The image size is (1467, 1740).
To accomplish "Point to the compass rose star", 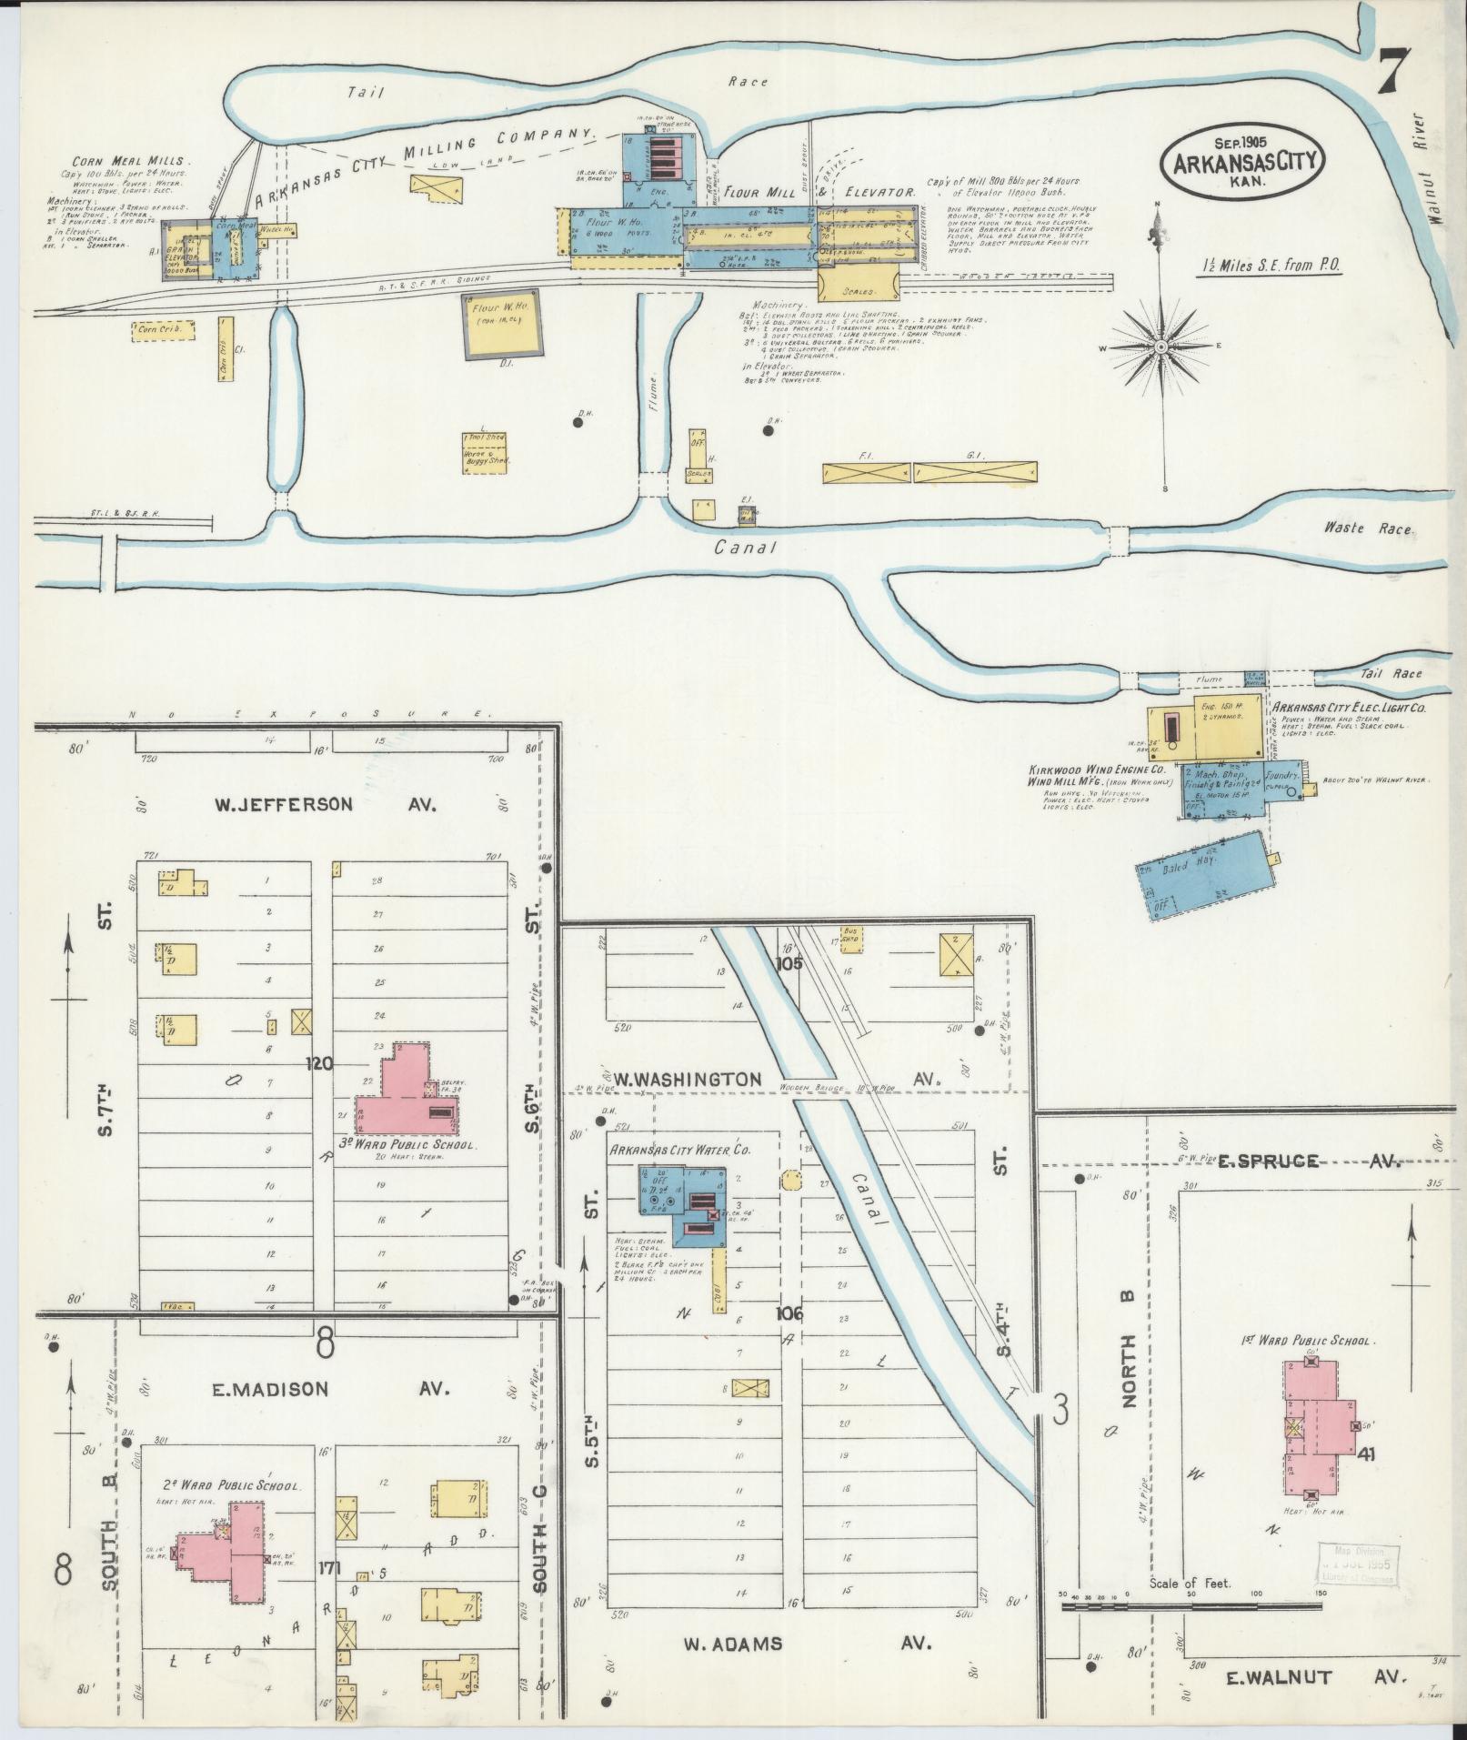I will (x=1162, y=347).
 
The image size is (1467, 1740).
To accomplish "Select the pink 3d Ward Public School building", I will (x=407, y=1091).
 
